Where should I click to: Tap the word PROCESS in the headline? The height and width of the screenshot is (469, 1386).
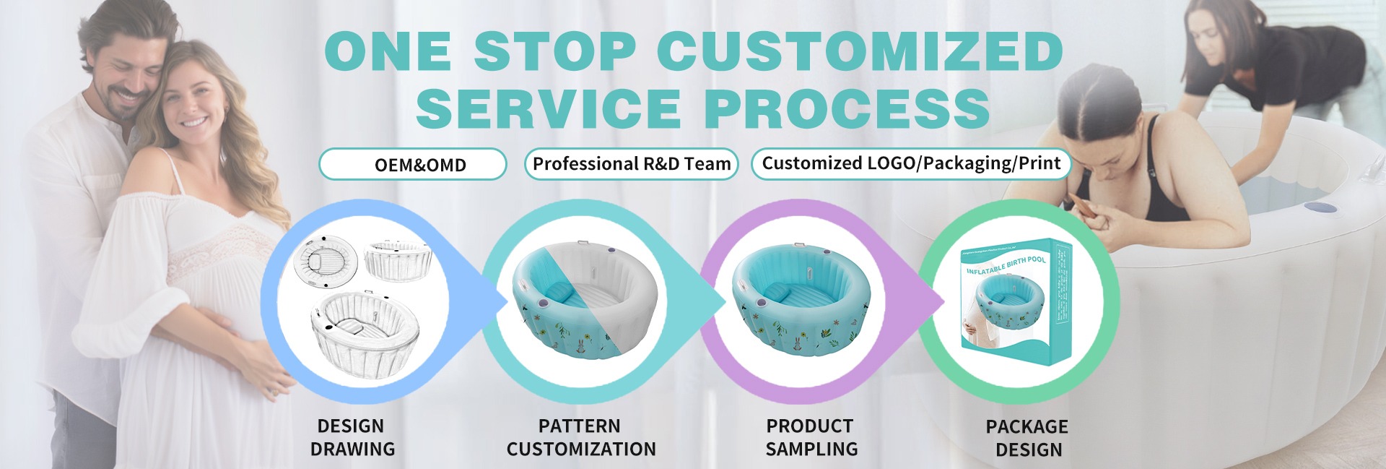click(x=847, y=108)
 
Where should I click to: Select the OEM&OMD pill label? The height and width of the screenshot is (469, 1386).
click(x=413, y=164)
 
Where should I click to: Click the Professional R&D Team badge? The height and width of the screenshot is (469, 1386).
click(x=632, y=164)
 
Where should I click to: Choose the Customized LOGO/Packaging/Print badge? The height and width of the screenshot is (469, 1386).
click(x=911, y=163)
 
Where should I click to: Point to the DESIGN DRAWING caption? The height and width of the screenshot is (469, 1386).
click(x=352, y=437)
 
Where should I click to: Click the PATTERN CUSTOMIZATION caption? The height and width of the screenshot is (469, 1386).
click(x=581, y=437)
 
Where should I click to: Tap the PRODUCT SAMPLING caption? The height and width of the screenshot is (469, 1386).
click(x=811, y=437)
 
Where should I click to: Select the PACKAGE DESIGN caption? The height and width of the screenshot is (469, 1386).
click(x=1028, y=438)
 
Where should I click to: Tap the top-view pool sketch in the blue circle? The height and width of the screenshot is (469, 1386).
click(x=328, y=263)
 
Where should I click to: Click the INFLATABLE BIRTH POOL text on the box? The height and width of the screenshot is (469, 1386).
click(x=1006, y=265)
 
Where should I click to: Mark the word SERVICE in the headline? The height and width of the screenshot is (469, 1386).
click(x=549, y=108)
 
